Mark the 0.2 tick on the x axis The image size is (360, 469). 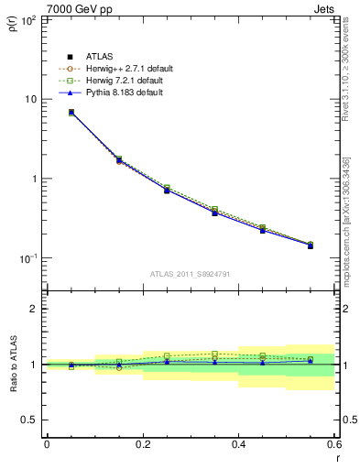click(142, 444)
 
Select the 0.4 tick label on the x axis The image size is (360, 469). click(238, 444)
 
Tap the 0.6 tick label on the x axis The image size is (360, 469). click(333, 444)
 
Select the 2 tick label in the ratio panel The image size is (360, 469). click(35, 309)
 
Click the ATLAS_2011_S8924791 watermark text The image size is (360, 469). click(189, 272)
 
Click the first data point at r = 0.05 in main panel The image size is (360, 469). click(71, 113)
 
